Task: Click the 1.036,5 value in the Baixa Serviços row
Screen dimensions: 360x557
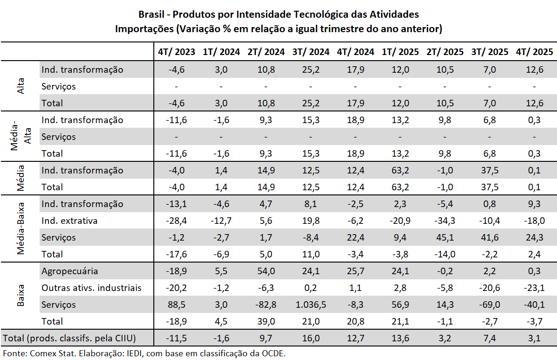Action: pyautogui.click(x=310, y=305)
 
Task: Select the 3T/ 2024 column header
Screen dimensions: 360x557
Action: pyautogui.click(x=310, y=52)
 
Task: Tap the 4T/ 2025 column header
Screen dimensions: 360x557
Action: pyautogui.click(x=534, y=52)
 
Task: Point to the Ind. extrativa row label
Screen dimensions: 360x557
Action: pyautogui.click(x=69, y=221)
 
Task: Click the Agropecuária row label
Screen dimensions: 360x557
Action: pyautogui.click(x=69, y=271)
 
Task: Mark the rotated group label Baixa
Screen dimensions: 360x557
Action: pyautogui.click(x=21, y=296)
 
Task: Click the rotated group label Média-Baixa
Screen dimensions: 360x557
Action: pyautogui.click(x=21, y=229)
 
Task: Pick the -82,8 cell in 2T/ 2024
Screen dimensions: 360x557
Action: pyautogui.click(x=266, y=305)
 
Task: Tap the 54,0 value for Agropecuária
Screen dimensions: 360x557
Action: pyautogui.click(x=266, y=271)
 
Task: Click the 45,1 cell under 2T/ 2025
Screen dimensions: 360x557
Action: pyautogui.click(x=445, y=237)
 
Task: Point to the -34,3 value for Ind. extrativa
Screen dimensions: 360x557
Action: pyautogui.click(x=445, y=221)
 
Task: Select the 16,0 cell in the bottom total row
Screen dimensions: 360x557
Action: pyautogui.click(x=310, y=338)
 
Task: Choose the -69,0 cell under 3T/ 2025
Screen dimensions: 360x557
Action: pyautogui.click(x=489, y=305)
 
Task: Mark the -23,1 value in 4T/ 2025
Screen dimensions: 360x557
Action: pyautogui.click(x=534, y=288)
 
